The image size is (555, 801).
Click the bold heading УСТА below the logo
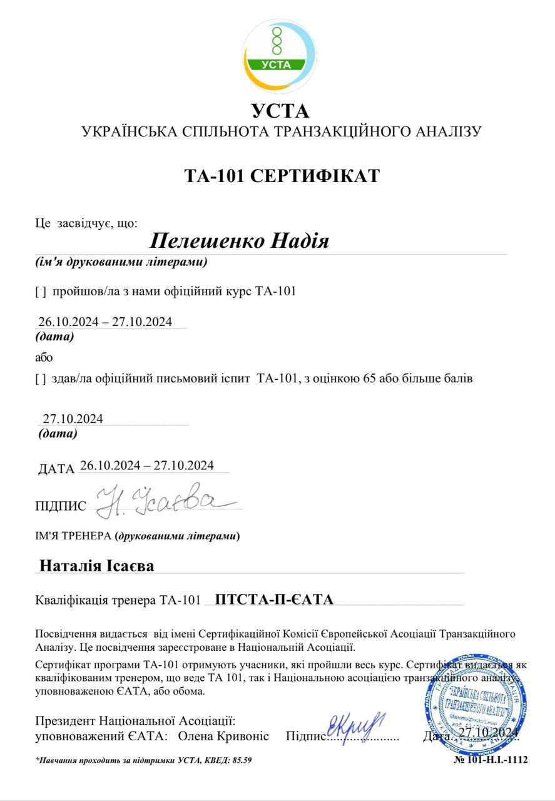(x=280, y=111)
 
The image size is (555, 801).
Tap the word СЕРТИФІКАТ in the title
(x=315, y=176)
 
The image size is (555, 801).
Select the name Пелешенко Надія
(x=240, y=240)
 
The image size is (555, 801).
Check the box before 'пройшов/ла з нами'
(x=41, y=291)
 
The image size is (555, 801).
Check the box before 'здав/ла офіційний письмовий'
(x=41, y=378)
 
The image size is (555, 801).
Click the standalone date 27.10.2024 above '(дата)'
(x=73, y=419)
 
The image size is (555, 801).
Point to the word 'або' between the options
(x=44, y=358)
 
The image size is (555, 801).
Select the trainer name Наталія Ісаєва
(x=97, y=566)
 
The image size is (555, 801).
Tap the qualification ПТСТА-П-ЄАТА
(x=274, y=599)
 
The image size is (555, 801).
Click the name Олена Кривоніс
(x=223, y=736)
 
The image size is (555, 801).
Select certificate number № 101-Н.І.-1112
(x=491, y=760)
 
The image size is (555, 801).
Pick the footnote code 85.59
(x=242, y=760)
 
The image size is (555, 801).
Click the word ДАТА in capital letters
(x=56, y=469)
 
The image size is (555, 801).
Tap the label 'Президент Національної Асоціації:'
(x=135, y=721)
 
